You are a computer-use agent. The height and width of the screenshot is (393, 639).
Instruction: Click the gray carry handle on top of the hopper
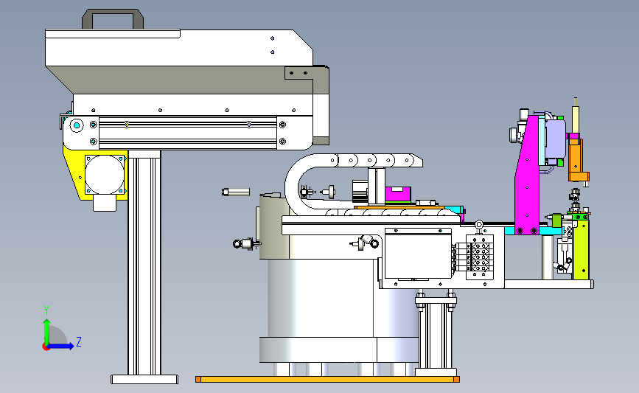click(x=113, y=13)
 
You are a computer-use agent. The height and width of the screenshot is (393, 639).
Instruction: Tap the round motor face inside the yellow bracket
click(x=105, y=175)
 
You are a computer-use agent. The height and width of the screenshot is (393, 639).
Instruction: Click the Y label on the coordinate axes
click(x=46, y=310)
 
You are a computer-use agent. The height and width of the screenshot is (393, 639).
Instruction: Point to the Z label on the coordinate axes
click(x=79, y=341)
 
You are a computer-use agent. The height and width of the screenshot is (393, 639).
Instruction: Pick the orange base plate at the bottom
click(x=328, y=380)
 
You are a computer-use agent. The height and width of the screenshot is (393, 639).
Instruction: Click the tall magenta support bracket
click(x=528, y=175)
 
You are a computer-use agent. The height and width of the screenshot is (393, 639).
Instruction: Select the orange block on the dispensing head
click(x=576, y=160)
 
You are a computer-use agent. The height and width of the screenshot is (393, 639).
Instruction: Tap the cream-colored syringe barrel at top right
click(x=576, y=118)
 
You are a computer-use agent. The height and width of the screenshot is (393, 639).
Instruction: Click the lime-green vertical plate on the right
click(x=580, y=249)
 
